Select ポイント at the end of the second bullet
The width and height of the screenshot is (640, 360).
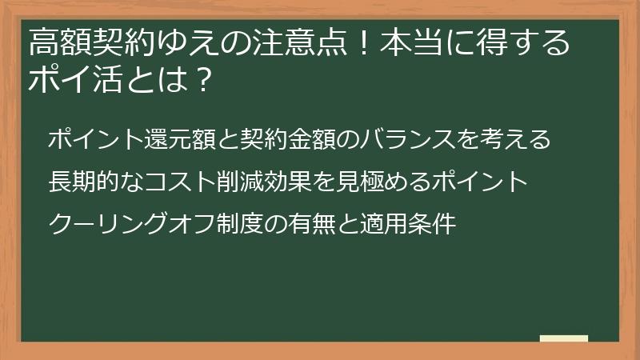click(x=479, y=182)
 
